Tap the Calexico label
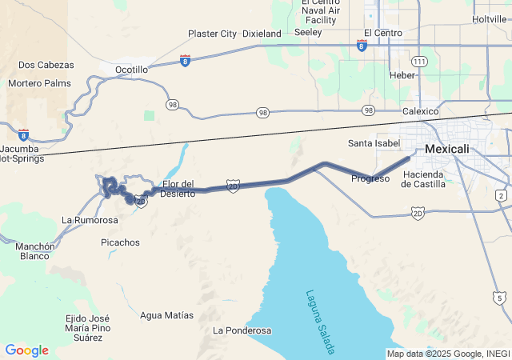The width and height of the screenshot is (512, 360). pos(420,111)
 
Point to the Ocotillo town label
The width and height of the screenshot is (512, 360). pos(132,70)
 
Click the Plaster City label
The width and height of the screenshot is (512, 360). pos(212,34)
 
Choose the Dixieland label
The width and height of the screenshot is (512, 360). pos(262,34)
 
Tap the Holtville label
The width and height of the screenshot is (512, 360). pos(490,18)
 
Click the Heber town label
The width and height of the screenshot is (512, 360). pos(402,75)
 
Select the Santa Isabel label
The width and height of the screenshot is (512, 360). pos(374,143)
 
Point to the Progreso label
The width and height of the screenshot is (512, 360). pos(370,178)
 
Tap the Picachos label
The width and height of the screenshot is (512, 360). pos(121,242)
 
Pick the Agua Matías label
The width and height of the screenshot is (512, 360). pos(166,315)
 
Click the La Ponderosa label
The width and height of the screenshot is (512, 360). pos(242,330)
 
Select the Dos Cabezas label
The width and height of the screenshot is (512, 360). pos(46,65)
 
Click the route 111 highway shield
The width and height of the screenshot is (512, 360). pos(419,62)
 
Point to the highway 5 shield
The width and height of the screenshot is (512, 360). pos(500,298)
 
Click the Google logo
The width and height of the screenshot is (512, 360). pos(26,350)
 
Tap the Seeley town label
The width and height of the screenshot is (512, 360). pos(308,33)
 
